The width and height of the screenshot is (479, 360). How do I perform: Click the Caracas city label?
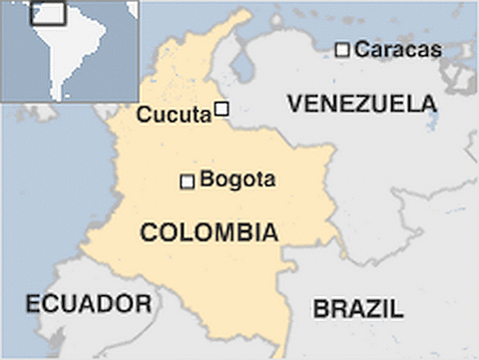398,49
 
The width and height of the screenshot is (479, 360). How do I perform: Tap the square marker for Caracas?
342,49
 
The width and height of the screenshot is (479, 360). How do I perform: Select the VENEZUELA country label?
361,104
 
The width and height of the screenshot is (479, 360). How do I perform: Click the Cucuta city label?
173,115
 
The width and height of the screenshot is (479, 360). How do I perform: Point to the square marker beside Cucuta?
222,109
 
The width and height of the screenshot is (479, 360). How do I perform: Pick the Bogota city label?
238,180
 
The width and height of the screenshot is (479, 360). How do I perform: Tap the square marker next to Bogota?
187,181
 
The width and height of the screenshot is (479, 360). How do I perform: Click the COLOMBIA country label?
209,233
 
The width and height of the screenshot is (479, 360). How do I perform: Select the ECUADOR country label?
89,304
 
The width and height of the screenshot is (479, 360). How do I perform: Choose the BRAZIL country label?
358,309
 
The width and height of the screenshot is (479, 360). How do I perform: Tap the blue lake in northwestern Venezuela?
240,69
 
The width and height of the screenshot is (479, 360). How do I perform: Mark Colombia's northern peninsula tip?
244,14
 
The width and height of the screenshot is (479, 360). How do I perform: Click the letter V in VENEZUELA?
294,104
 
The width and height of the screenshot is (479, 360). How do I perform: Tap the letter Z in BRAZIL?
375,309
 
